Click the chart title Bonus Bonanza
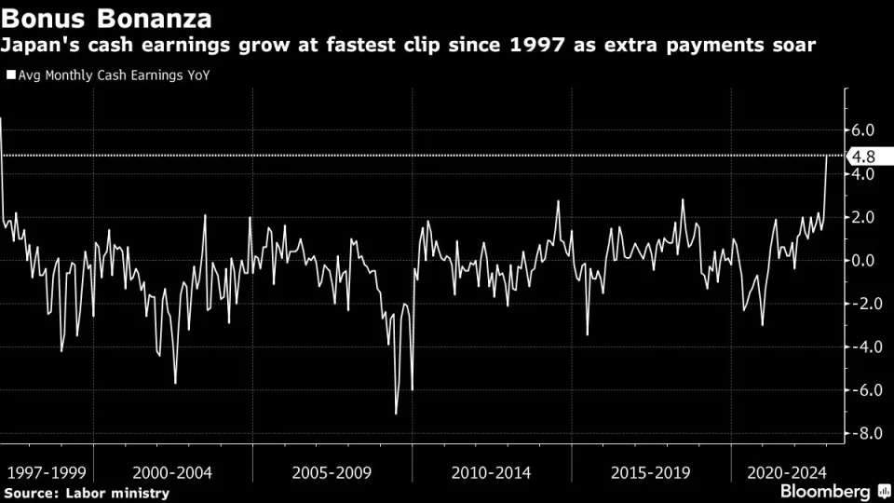pos(107,18)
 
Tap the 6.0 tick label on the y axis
pos(861,130)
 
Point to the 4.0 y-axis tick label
pos(861,174)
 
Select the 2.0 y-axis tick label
pos(861,217)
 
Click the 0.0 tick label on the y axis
pos(861,261)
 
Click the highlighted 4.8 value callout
pos(861,156)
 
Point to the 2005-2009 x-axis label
pos(331,472)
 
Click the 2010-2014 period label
pos(491,472)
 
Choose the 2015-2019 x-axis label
pos(650,472)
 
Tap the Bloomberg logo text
pos(821,490)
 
